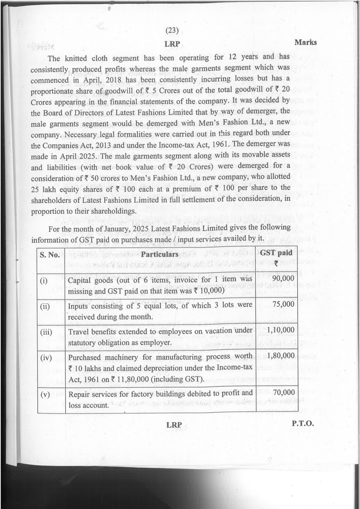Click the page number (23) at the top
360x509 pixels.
click(172, 30)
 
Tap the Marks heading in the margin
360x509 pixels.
click(305, 42)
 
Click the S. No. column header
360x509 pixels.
click(50, 255)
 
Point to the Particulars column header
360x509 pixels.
click(160, 254)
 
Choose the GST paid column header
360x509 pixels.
click(276, 253)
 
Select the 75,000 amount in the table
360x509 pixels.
click(283, 304)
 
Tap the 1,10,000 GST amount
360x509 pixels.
click(280, 330)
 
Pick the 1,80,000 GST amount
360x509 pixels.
click(280, 356)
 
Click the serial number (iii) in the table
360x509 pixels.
click(46, 332)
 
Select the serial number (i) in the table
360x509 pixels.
click(44, 281)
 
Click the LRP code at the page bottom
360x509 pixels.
click(174, 425)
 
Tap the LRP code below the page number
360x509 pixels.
click(172, 44)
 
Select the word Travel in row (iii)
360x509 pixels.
click(78, 332)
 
